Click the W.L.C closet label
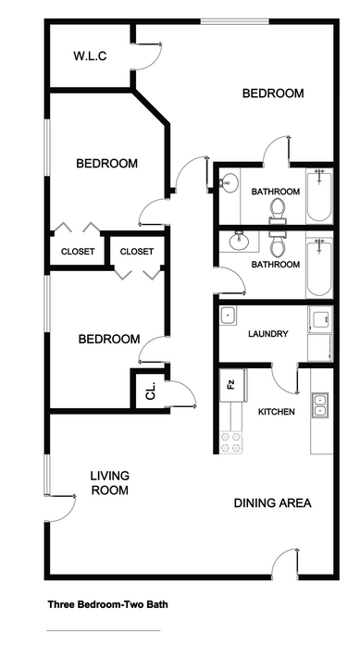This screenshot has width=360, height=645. pos(90,56)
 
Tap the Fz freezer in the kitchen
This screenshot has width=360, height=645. pos(232,386)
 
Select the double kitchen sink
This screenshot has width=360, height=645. pos(319,404)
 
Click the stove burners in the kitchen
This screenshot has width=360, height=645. pos(230,442)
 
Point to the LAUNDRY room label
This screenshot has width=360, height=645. pos(267,334)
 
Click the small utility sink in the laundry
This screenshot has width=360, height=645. pos(228,316)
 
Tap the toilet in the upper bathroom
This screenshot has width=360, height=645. pos(278,209)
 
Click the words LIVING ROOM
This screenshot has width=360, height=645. pos(110,483)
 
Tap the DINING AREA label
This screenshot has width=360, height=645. pos(272,502)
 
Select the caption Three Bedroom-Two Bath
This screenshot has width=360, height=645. pos(107,604)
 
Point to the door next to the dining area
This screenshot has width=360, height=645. pos(285,561)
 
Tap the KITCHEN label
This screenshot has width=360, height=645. pos(276,412)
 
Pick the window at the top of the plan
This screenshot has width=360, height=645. pos(234,21)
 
